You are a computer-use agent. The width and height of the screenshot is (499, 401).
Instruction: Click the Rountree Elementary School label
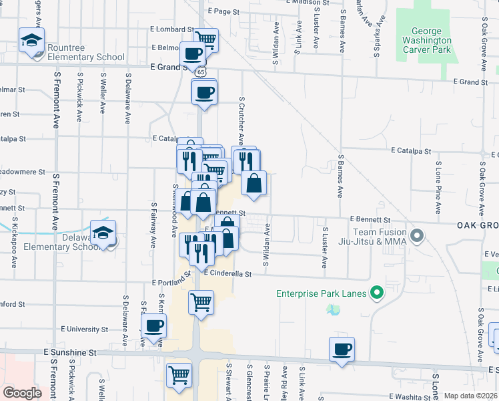(86, 57)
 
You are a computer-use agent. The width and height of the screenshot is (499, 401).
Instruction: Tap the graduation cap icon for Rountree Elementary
(31, 41)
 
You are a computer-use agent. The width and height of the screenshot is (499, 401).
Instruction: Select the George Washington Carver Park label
(426, 40)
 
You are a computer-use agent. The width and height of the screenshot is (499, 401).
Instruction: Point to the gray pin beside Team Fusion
(418, 235)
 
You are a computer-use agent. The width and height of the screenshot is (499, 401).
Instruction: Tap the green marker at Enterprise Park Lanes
(377, 292)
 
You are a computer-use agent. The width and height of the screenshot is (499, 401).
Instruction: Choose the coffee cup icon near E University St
(154, 326)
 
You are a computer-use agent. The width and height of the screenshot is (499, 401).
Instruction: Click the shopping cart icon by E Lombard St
(205, 39)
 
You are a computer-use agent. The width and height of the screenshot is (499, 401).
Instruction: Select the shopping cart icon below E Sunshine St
(179, 376)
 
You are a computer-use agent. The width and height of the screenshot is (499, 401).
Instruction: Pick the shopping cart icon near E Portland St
(201, 303)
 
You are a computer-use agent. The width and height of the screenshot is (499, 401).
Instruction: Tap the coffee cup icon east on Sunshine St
(342, 350)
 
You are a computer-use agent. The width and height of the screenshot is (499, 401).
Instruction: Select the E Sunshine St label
(70, 352)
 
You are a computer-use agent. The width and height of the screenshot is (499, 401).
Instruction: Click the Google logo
(21, 392)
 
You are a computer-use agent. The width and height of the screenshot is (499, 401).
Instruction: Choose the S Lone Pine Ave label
(438, 187)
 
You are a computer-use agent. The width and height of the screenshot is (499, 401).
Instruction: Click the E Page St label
(223, 11)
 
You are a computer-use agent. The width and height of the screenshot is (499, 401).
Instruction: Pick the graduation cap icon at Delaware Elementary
(103, 232)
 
